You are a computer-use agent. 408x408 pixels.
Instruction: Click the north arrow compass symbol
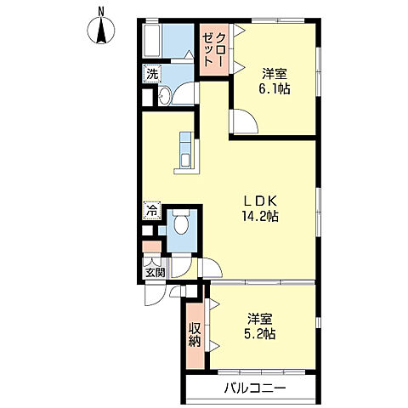click(x=101, y=31)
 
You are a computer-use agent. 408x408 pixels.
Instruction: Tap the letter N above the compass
click(x=101, y=10)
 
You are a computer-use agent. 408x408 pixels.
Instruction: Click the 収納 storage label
click(x=195, y=335)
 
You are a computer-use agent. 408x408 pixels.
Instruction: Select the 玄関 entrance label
click(x=153, y=273)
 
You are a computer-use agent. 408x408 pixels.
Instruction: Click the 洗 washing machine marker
click(x=152, y=74)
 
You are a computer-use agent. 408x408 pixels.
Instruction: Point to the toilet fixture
click(x=180, y=225)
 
